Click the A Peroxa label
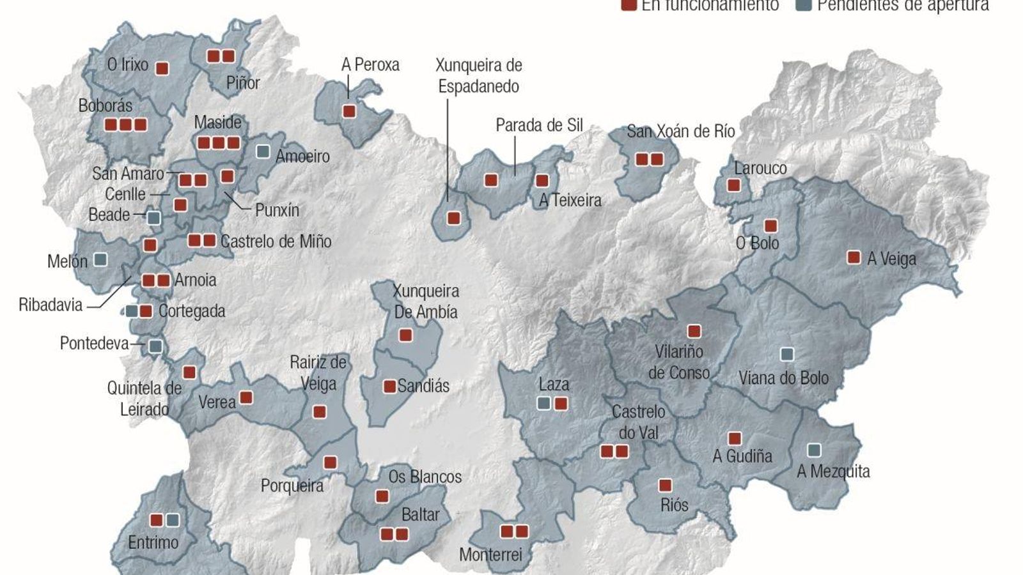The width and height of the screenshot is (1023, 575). (x=370, y=65)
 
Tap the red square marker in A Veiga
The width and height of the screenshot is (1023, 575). (x=854, y=257)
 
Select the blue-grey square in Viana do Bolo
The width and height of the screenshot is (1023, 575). (x=787, y=354)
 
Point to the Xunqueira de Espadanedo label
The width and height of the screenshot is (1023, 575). (x=478, y=75)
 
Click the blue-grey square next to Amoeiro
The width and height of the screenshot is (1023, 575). (x=262, y=151)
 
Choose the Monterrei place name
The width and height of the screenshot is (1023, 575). (x=490, y=554)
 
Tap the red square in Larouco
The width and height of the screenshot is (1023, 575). (x=734, y=185)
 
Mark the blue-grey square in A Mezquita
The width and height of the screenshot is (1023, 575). (x=814, y=450)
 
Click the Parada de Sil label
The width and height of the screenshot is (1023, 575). (x=539, y=125)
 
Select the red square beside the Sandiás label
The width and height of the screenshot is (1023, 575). (x=389, y=386)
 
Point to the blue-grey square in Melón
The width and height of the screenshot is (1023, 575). (x=100, y=259)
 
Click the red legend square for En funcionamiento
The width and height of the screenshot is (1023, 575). (x=629, y=5)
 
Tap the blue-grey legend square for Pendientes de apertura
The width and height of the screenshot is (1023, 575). (x=804, y=5)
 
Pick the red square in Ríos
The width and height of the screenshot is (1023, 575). (x=665, y=486)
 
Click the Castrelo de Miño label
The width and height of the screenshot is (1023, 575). (x=276, y=241)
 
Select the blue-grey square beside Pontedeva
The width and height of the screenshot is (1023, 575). (x=155, y=346)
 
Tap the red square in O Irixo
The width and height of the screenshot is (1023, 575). (x=162, y=68)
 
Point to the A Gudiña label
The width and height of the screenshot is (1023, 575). (x=742, y=456)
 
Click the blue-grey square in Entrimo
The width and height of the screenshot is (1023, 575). (x=172, y=520)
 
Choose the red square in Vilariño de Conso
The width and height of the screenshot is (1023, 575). (x=694, y=331)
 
